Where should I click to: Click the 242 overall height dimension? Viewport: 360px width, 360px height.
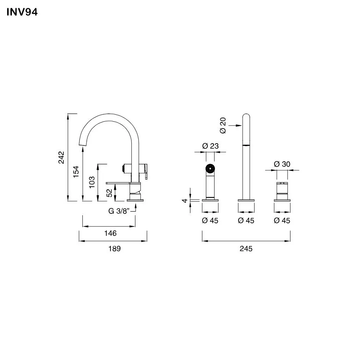pos(61,157)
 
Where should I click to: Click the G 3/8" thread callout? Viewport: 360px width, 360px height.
pos(118,211)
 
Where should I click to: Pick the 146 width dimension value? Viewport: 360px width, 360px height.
pos(111,233)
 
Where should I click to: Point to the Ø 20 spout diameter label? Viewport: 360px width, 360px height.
pos(223,125)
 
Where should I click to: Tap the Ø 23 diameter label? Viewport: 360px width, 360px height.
pos(210,146)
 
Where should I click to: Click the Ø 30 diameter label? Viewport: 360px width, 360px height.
pos(282,164)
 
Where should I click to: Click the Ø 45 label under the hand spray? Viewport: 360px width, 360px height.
pos(210,221)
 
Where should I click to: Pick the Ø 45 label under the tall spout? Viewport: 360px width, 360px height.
pos(246,221)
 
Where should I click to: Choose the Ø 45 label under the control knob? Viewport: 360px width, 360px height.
pos(282,221)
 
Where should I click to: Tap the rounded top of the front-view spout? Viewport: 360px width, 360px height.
pos(246,117)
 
